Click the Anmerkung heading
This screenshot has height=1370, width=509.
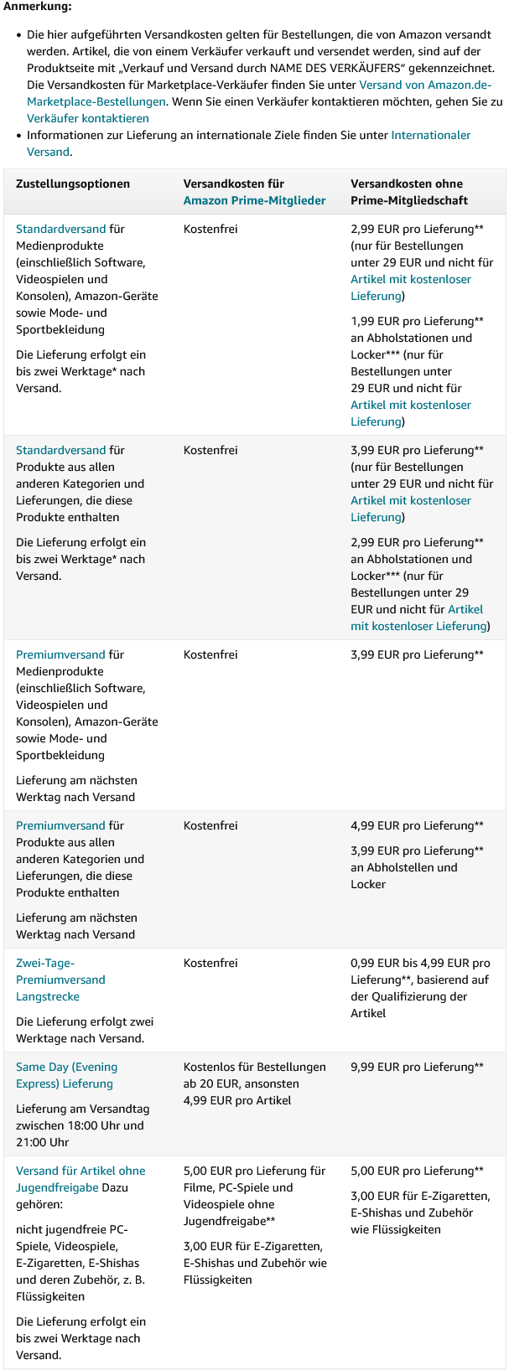click(x=37, y=7)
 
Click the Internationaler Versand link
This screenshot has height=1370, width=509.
click(x=430, y=135)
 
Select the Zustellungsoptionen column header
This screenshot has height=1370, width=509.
click(x=73, y=184)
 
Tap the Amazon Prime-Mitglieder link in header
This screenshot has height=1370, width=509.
click(x=254, y=200)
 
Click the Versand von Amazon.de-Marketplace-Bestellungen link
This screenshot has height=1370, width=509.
click(x=424, y=85)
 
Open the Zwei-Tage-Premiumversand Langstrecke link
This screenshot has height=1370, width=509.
click(x=60, y=980)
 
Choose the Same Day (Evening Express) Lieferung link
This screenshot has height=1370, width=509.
click(x=66, y=1075)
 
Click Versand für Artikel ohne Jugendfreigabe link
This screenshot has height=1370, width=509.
click(x=81, y=1171)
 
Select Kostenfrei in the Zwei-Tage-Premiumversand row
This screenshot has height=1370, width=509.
click(x=210, y=963)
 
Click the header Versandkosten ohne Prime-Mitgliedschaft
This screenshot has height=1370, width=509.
click(x=408, y=192)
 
